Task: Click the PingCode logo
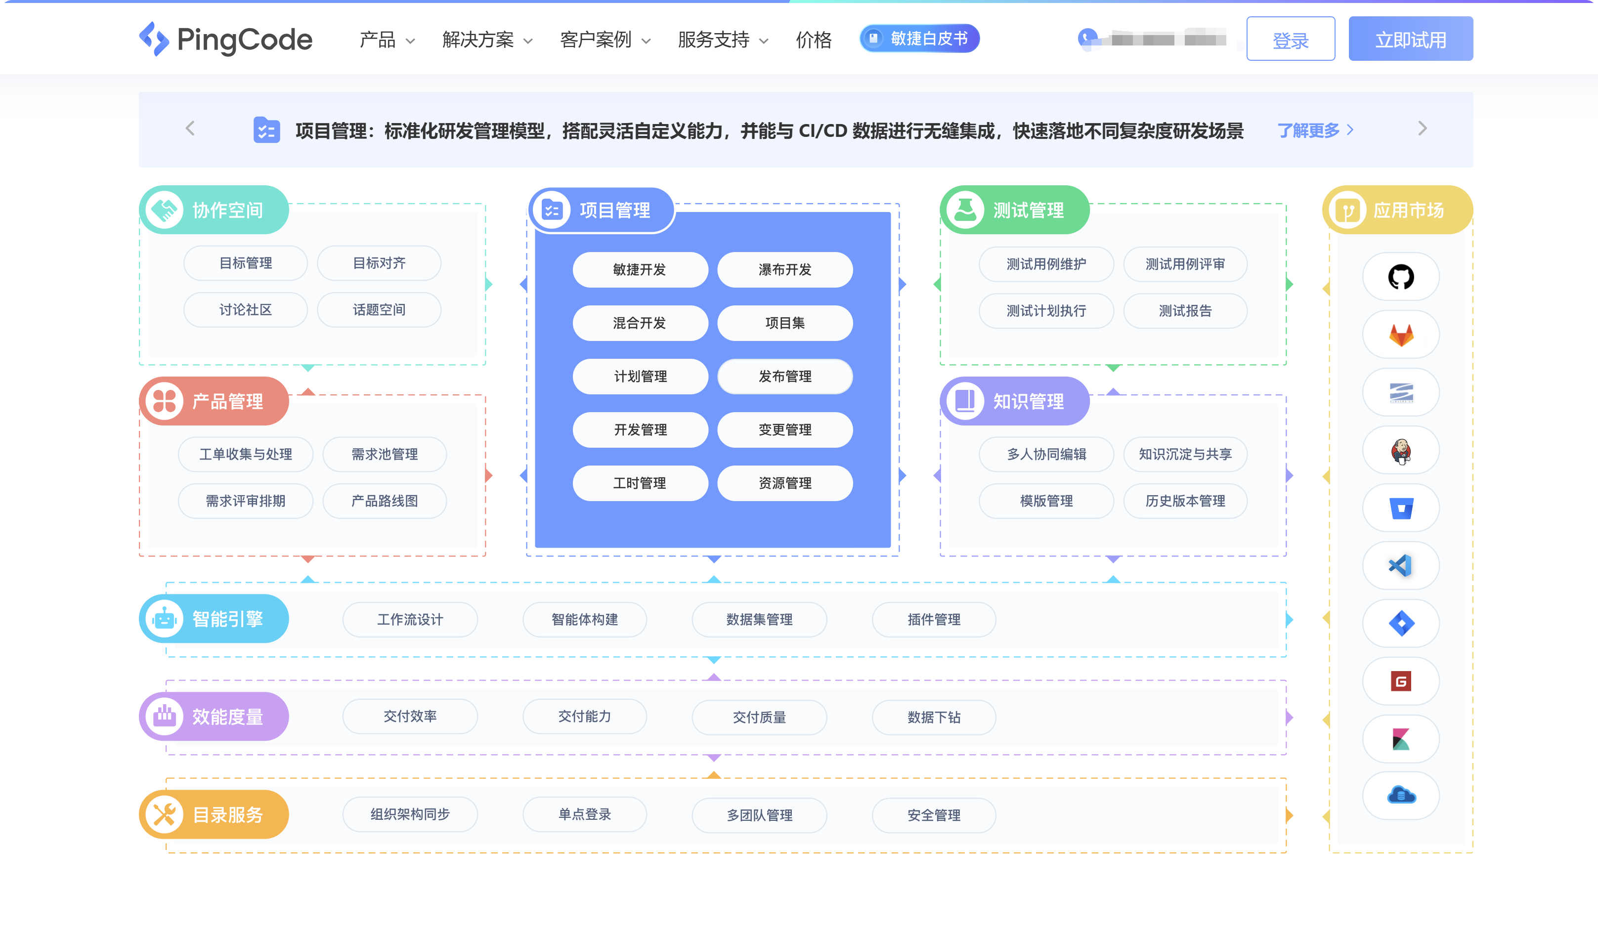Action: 225,40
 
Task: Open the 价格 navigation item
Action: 814,40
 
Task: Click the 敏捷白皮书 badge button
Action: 919,39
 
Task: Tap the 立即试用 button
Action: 1410,40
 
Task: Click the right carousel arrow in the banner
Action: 1423,128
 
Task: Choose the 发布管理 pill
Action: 784,377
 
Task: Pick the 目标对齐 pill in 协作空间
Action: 379,263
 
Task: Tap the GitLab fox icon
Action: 1400,335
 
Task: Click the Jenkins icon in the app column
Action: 1400,451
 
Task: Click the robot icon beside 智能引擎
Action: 164,619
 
